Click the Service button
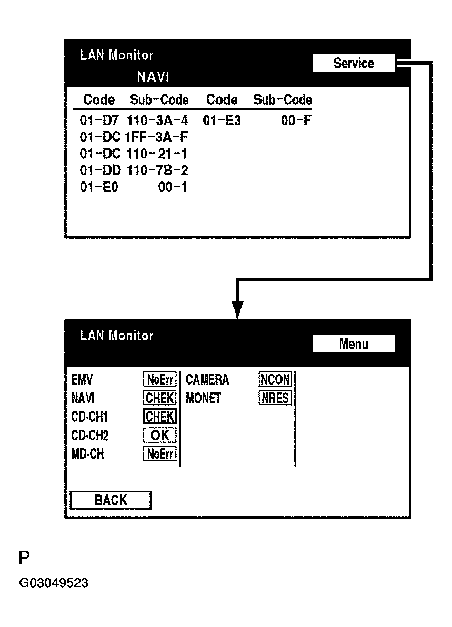click(x=353, y=63)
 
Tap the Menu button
click(x=353, y=343)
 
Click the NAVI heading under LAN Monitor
click(x=153, y=77)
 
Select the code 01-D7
click(x=99, y=120)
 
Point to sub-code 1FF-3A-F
click(x=157, y=137)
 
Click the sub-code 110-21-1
click(x=157, y=154)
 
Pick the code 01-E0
click(x=99, y=187)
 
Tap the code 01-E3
click(x=222, y=120)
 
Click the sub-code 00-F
click(x=296, y=120)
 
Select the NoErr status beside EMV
click(x=160, y=379)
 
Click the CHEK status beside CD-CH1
click(x=160, y=417)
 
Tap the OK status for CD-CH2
click(x=160, y=435)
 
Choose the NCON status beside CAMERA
click(x=275, y=379)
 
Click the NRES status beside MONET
click(x=275, y=398)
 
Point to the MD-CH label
click(x=87, y=454)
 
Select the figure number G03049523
click(x=53, y=583)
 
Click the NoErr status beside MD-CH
click(x=160, y=454)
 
